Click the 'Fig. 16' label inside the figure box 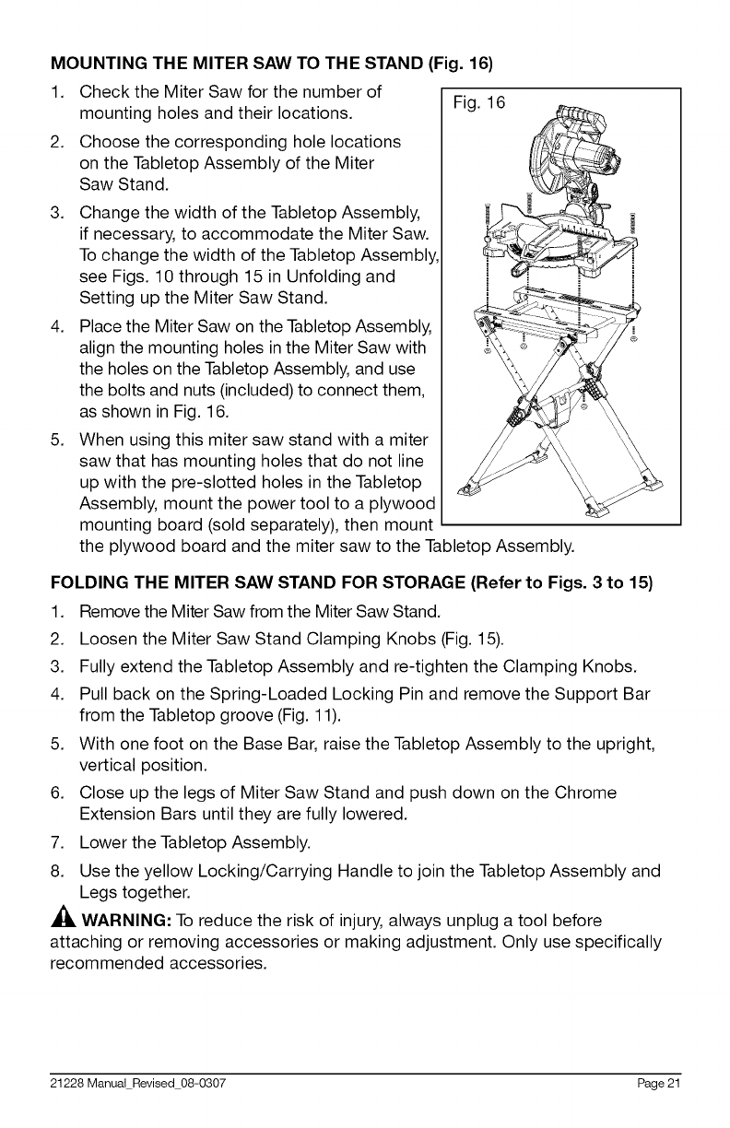tap(477, 103)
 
